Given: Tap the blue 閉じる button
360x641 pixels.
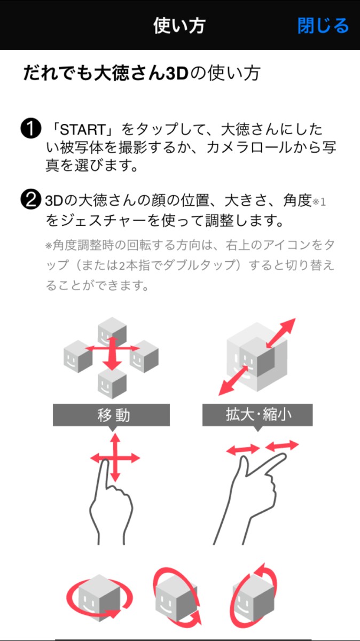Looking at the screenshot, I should (x=323, y=26).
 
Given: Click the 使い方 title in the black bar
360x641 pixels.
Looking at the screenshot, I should (x=179, y=26).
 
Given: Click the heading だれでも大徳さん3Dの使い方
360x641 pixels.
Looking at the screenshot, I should (x=142, y=73).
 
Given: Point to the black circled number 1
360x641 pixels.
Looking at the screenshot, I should (x=30, y=130).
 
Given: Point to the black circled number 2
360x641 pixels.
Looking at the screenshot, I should (x=30, y=201).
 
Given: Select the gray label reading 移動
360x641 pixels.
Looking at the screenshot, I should (x=111, y=415).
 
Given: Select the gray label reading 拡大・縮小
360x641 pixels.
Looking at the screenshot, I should (x=257, y=415).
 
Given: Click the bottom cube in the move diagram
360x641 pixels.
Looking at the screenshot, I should (x=112, y=382).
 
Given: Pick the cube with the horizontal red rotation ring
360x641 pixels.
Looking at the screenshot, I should (x=98, y=596).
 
